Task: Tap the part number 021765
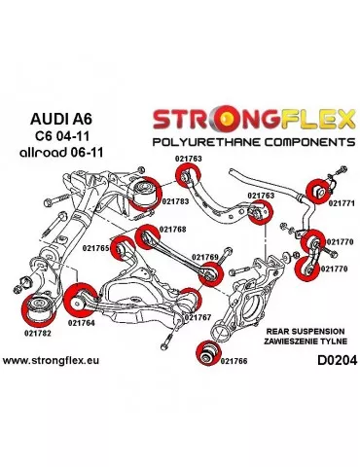[97, 248]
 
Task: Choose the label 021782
[36, 332]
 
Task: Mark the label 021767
[198, 317]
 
